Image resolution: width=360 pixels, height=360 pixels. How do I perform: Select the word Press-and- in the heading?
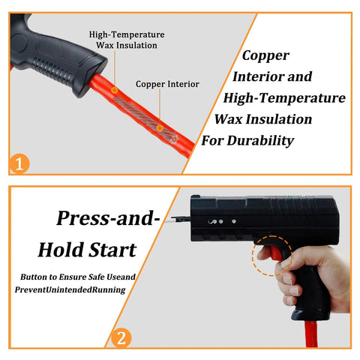coord(109,219)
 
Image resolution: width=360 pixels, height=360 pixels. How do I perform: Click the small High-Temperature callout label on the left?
coord(127,34)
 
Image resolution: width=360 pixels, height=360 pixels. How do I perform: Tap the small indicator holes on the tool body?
coord(216,223)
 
